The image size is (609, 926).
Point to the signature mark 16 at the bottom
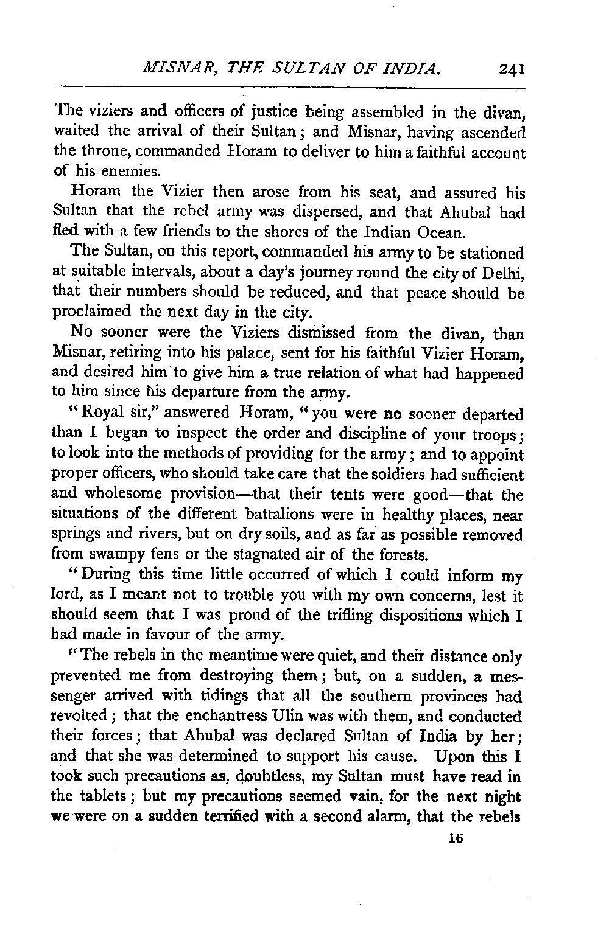[x=454, y=838]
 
